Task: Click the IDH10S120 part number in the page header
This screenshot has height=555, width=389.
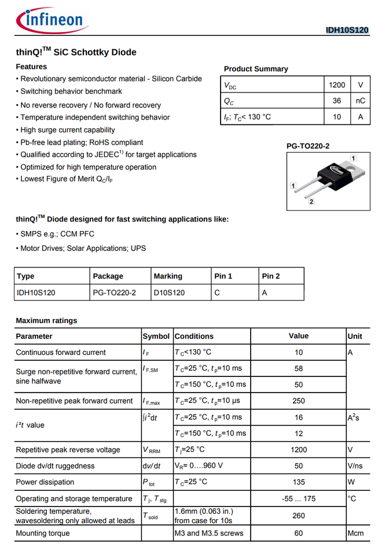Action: point(347,30)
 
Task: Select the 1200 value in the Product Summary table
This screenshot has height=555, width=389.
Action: point(336,85)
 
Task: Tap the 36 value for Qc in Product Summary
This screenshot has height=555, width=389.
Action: point(336,101)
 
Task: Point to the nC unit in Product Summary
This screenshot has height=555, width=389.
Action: point(360,101)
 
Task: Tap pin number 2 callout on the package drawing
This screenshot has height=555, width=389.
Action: point(311,201)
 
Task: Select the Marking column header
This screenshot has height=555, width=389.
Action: point(168,276)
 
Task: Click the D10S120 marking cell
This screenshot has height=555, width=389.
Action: point(169,293)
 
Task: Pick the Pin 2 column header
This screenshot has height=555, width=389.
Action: point(271,276)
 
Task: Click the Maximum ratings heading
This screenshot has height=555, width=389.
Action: point(46,320)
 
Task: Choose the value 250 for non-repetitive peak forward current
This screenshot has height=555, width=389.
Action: point(298,401)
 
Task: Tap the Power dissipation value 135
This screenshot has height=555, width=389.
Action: point(298,482)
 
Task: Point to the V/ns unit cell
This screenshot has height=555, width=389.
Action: point(355,466)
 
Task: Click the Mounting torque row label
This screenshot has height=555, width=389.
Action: point(43,533)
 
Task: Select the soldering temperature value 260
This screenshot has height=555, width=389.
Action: point(298,516)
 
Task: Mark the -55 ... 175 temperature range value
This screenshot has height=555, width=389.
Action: point(298,499)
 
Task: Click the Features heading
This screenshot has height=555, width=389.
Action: point(32,67)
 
